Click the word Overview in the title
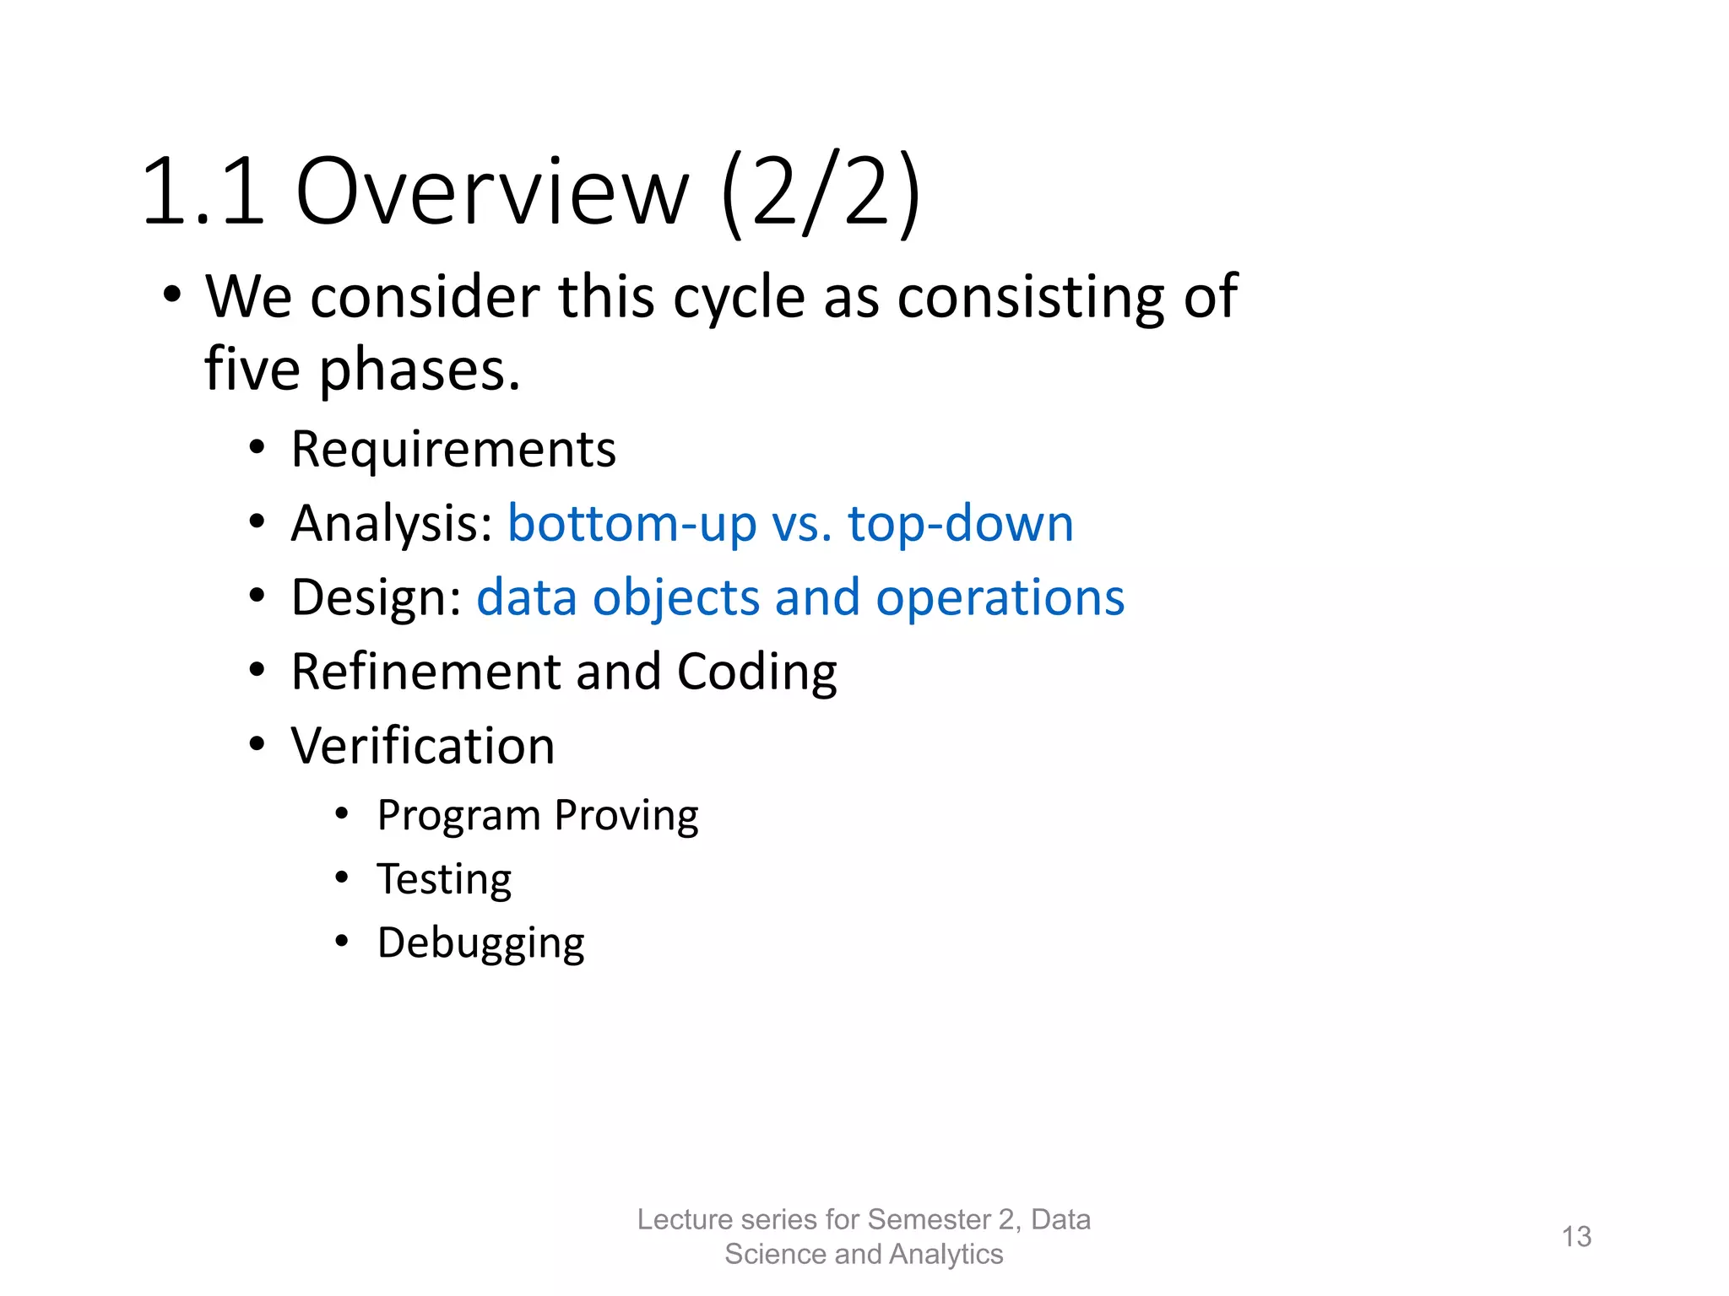tap(492, 192)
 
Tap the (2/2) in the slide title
tap(821, 192)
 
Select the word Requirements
tap(453, 449)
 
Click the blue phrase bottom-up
tap(631, 523)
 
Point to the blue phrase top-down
tap(960, 523)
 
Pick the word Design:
tap(377, 597)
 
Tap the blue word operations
tap(1000, 597)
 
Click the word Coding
tap(756, 672)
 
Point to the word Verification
tap(423, 746)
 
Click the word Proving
tap(626, 816)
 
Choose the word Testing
tap(444, 879)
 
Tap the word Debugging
tap(480, 943)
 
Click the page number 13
tap(1576, 1237)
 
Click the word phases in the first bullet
tap(420, 370)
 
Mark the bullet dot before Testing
tap(341, 877)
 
